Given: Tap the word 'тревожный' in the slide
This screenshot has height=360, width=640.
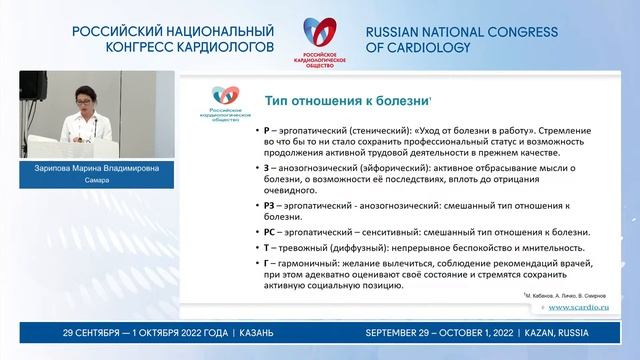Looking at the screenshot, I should tap(294, 248).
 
